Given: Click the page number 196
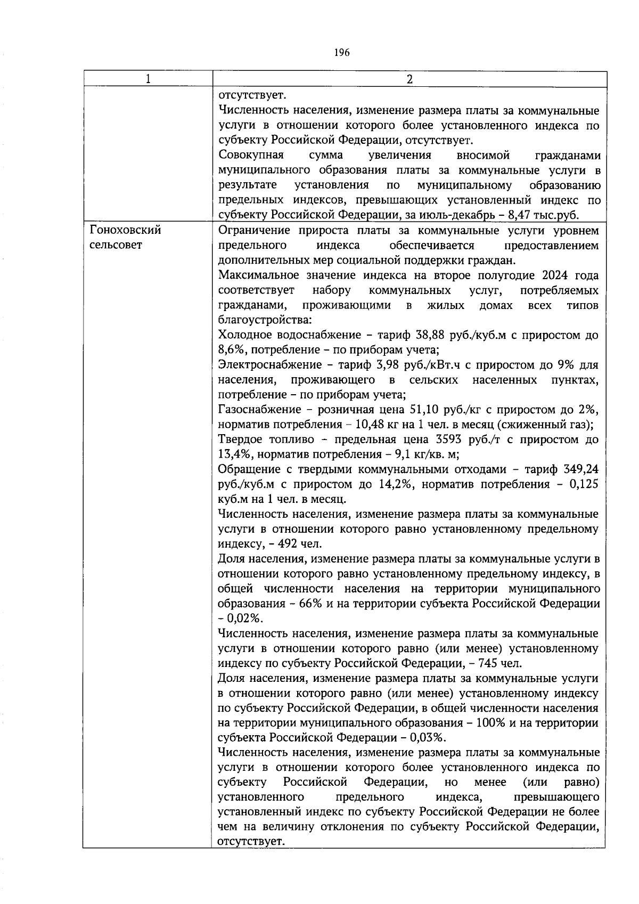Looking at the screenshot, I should pyautogui.click(x=341, y=52).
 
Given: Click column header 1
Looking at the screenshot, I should pyautogui.click(x=148, y=79).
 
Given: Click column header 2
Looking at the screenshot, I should pyautogui.click(x=409, y=79).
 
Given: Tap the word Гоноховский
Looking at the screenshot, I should pyautogui.click(x=126, y=230).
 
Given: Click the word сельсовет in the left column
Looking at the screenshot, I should pyautogui.click(x=116, y=245).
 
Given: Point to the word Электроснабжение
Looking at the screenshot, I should pyautogui.click(x=271, y=365).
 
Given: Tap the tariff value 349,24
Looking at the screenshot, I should pyautogui.click(x=580, y=469).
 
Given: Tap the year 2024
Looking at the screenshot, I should pyautogui.click(x=558, y=275).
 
